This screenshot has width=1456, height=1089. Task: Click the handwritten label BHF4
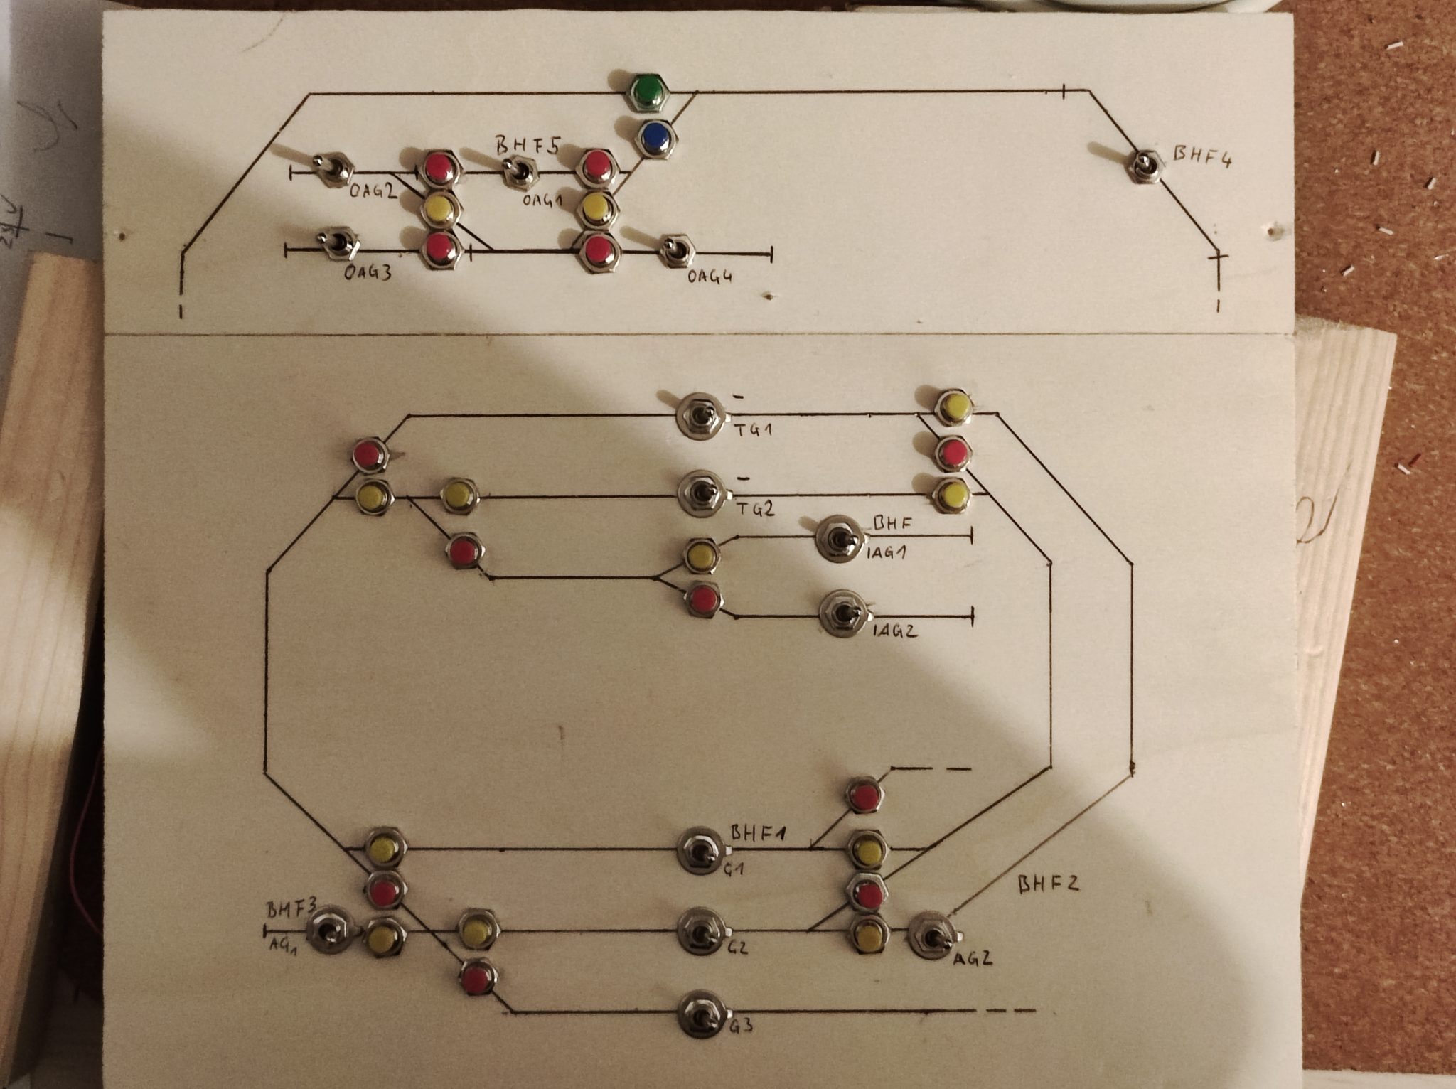coord(1201,157)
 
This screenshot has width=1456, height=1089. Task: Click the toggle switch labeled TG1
coord(700,417)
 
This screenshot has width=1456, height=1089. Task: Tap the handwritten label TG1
coord(754,430)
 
